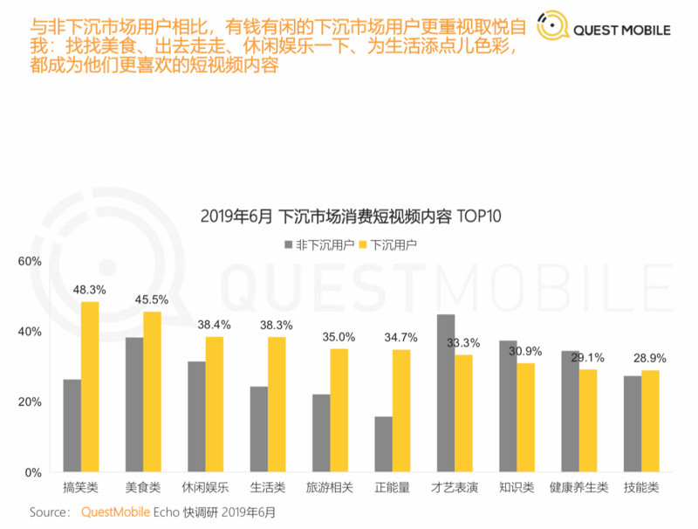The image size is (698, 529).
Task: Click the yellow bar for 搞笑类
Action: coord(90,387)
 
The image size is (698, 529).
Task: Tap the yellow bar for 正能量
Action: coord(401,410)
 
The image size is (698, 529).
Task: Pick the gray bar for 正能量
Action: coord(383,444)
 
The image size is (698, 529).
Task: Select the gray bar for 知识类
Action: coord(507,406)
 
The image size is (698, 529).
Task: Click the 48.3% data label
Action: coord(90,289)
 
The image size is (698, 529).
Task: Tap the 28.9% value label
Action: coord(650,358)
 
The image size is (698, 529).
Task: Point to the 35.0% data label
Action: coord(339,336)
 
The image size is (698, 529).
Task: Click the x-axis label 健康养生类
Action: coord(578,487)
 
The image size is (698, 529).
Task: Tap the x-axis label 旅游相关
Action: coord(330,487)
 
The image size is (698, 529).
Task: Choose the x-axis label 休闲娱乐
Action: coord(205,487)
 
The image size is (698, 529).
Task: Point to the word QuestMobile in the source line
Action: coord(115,512)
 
